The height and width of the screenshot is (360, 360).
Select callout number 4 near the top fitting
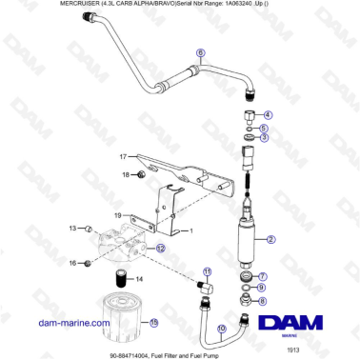(267, 114)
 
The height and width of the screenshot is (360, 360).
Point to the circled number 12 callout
(160, 247)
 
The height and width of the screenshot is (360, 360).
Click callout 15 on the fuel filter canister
(152, 322)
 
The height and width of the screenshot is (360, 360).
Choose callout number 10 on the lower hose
(220, 330)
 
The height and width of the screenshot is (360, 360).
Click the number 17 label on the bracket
(122, 155)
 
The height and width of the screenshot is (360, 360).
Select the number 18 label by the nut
(125, 174)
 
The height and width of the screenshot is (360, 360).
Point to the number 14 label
(139, 279)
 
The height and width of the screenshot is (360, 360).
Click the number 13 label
(70, 230)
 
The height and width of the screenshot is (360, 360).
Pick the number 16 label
(70, 262)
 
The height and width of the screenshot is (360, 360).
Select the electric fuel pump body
(250, 238)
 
